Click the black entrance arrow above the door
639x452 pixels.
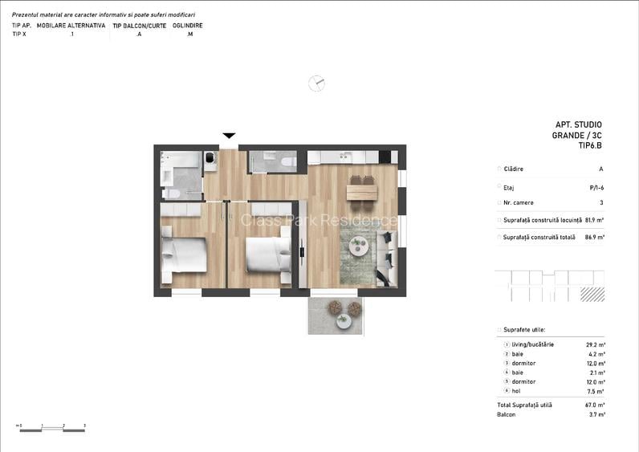pyautogui.click(x=229, y=135)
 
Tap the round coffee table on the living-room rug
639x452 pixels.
pyautogui.click(x=358, y=248)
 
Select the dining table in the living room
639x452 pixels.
pyautogui.click(x=362, y=191)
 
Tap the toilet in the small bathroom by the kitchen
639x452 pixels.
pyautogui.click(x=288, y=162)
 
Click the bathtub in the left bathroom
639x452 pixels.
pyautogui.click(x=181, y=160)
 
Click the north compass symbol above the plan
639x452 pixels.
pyautogui.click(x=317, y=83)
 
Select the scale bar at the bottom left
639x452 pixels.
pyautogui.click(x=52, y=430)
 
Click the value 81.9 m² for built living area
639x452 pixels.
pyautogui.click(x=594, y=220)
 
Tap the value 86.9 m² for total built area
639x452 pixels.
pyautogui.click(x=594, y=237)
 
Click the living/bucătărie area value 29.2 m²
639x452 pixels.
pyautogui.click(x=596, y=344)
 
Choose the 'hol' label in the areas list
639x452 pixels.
pyautogui.click(x=517, y=391)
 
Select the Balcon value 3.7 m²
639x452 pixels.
pyautogui.click(x=596, y=414)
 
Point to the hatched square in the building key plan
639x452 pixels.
pyautogui.click(x=592, y=295)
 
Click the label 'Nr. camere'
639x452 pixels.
pyautogui.click(x=519, y=202)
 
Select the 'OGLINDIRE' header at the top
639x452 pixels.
pyautogui.click(x=188, y=26)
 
